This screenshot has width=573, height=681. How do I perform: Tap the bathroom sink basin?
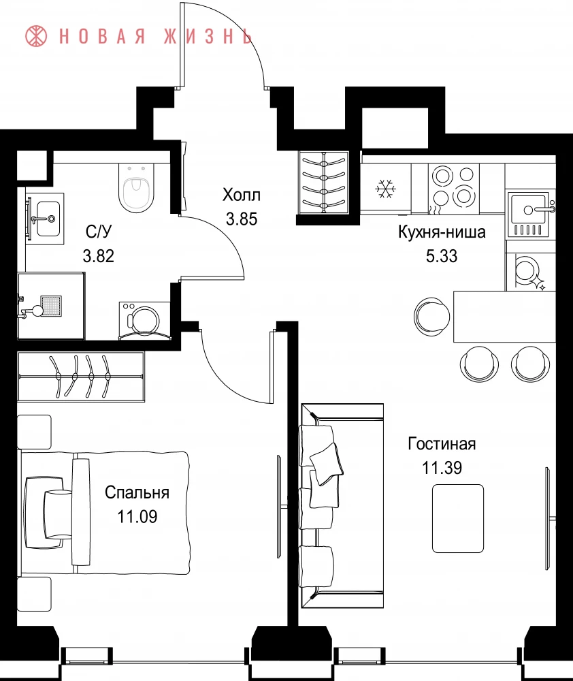click(x=48, y=219)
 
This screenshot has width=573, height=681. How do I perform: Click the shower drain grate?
click(x=51, y=305)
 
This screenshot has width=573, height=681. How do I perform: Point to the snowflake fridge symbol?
click(x=384, y=189)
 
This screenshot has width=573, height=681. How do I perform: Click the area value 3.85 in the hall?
click(x=242, y=219)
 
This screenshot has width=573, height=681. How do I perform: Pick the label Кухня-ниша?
click(x=442, y=232)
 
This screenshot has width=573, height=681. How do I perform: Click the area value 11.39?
click(x=442, y=468)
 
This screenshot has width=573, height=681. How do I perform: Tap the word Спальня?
click(x=137, y=492)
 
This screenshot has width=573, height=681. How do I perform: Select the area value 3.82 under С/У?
click(x=99, y=256)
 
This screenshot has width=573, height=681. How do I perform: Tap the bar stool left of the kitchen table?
click(x=432, y=316)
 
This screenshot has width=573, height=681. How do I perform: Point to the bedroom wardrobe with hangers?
click(x=81, y=376)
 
